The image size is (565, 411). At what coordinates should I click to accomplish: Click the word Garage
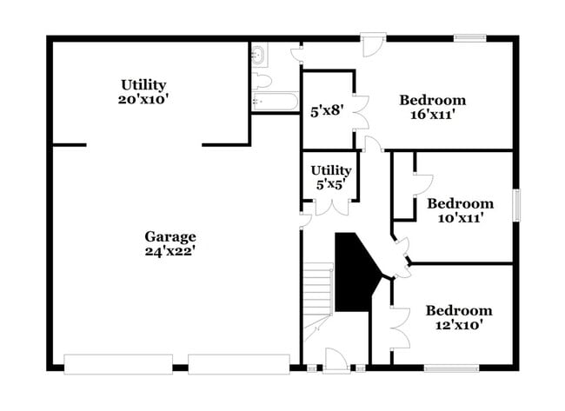(170, 236)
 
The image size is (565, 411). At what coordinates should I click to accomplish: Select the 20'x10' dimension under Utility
(143, 99)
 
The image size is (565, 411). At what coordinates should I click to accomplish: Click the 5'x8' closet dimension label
(327, 111)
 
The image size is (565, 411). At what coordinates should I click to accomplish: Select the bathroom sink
(259, 57)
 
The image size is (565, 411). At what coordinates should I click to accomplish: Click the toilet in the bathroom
(261, 81)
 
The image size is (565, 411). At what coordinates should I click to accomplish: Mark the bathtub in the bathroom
(275, 103)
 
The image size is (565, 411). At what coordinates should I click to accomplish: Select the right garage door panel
(238, 364)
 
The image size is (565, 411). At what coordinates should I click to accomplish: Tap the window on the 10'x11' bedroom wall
(515, 206)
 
